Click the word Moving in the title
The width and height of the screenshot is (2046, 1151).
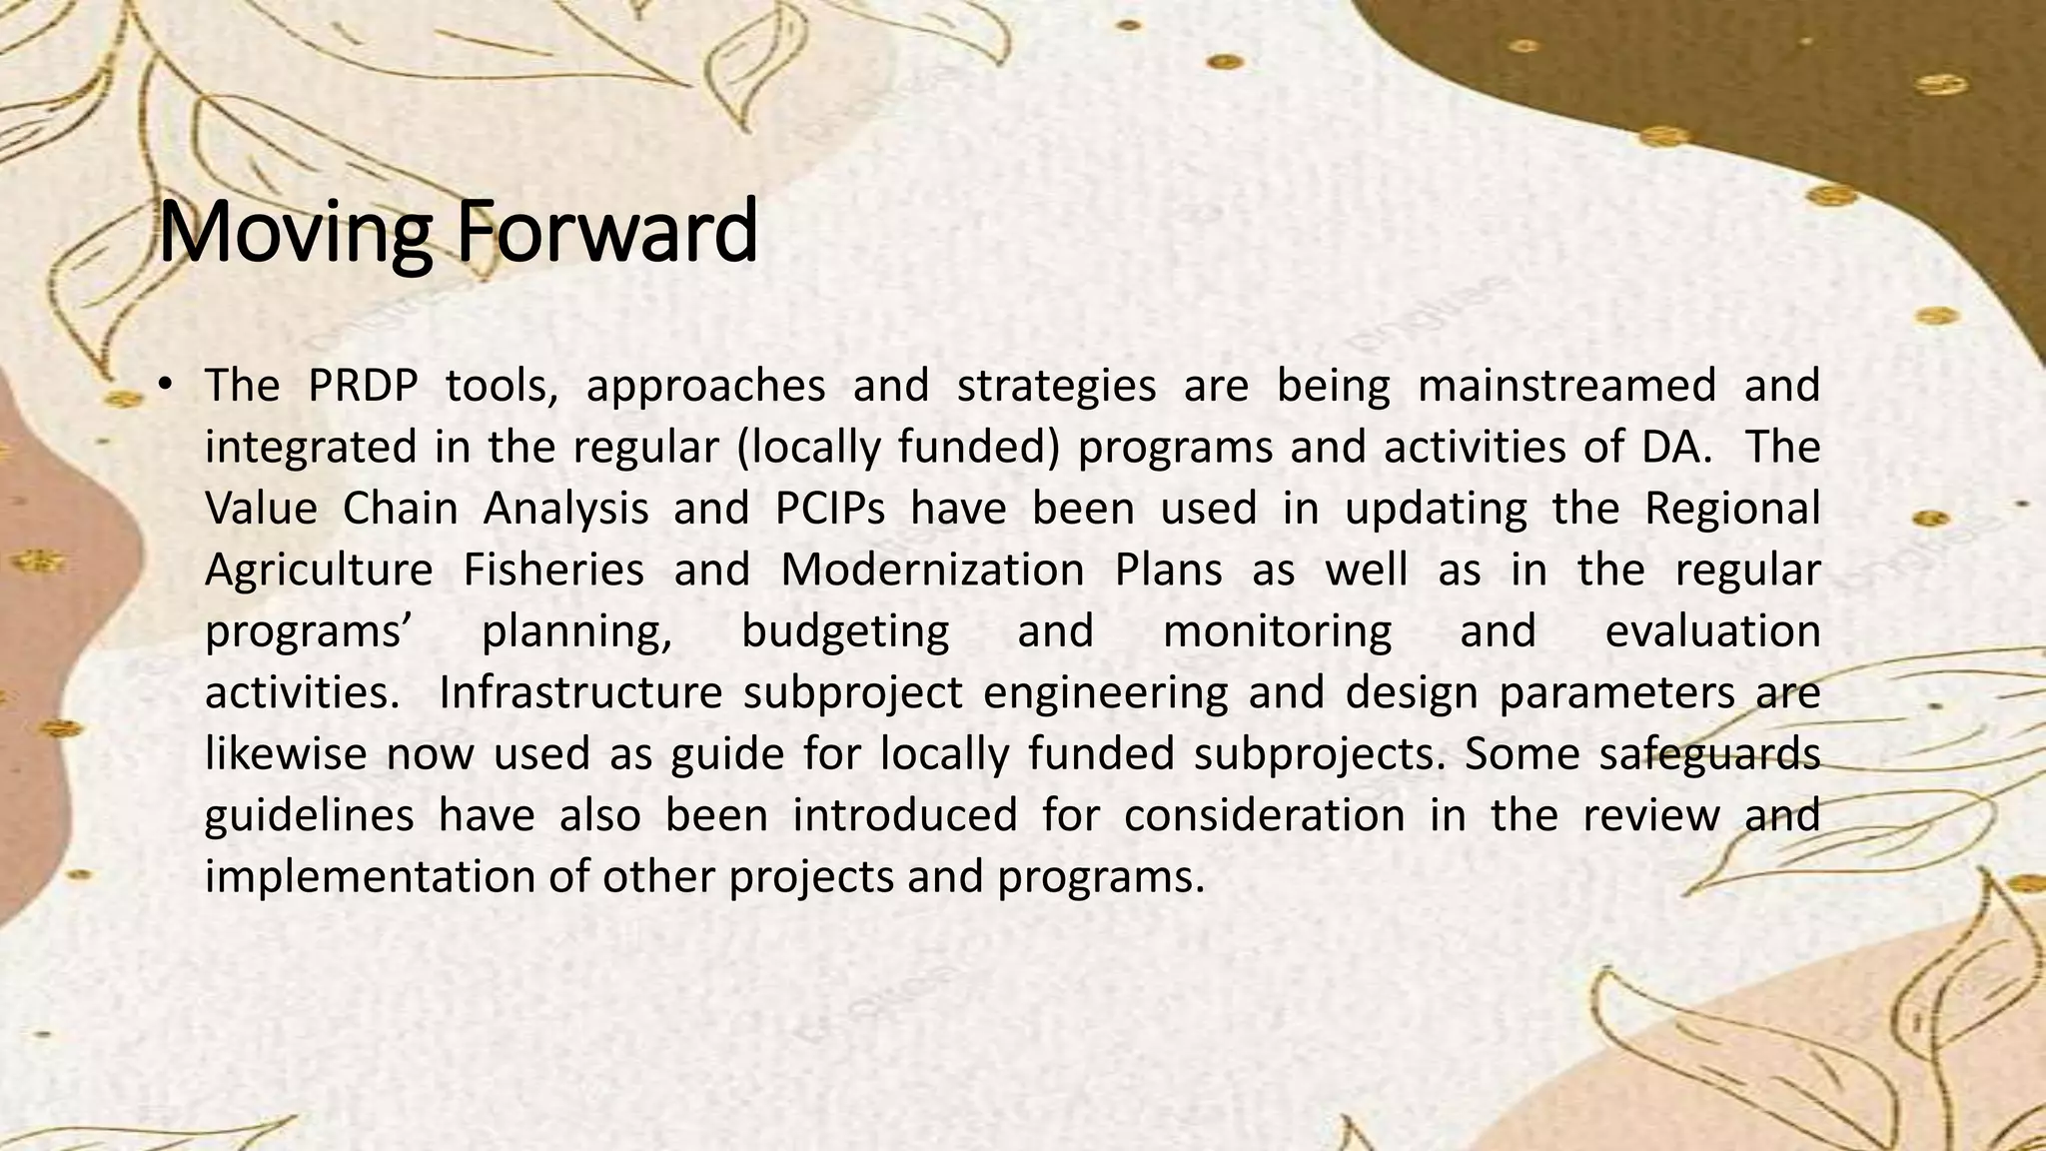pos(295,233)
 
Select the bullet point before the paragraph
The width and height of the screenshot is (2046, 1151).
pos(166,385)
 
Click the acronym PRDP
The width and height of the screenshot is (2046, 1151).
pos(363,386)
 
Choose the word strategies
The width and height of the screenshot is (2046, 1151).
pos(1056,386)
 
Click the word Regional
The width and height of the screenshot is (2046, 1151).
pos(1732,509)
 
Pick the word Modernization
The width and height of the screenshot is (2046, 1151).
pos(932,570)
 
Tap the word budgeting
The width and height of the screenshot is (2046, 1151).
pos(845,632)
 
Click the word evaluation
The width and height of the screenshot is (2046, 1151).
pos(1712,631)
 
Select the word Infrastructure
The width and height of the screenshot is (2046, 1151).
pos(580,692)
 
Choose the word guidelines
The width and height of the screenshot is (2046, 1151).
pos(310,815)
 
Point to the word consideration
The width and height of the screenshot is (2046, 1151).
pos(1264,815)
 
